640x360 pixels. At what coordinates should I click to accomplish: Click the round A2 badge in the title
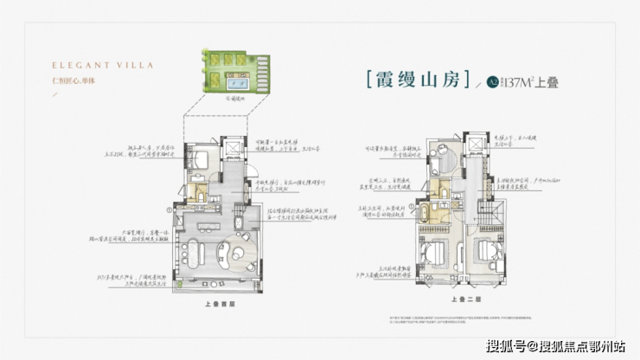(492, 82)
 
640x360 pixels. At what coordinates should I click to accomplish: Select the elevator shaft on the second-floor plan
(475, 145)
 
